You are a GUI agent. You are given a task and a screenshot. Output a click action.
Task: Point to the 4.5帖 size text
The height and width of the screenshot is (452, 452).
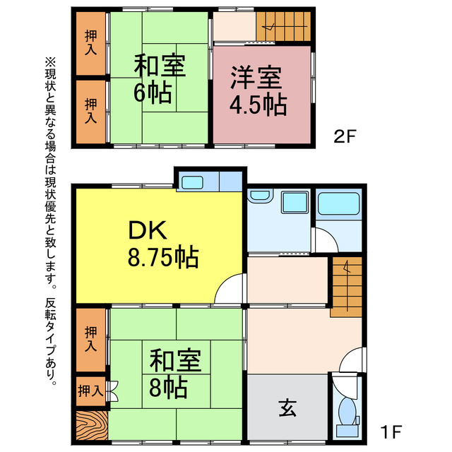tap(257, 105)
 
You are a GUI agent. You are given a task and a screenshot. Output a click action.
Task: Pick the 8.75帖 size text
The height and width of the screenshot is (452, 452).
tap(162, 256)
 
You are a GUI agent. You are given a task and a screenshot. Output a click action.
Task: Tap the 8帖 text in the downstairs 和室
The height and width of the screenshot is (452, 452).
tap(167, 387)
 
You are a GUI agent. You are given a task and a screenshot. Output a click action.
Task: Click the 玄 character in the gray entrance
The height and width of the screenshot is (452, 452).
tap(287, 408)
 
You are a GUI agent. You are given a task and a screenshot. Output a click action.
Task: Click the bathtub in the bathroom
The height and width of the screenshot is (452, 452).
tap(338, 204)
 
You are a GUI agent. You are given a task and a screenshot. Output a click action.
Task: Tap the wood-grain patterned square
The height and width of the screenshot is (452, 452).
tap(90, 426)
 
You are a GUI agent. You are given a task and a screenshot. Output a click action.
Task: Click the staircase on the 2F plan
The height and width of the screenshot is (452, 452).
tap(282, 26)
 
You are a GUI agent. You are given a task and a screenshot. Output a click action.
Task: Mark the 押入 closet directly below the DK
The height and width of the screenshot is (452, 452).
tap(90, 339)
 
